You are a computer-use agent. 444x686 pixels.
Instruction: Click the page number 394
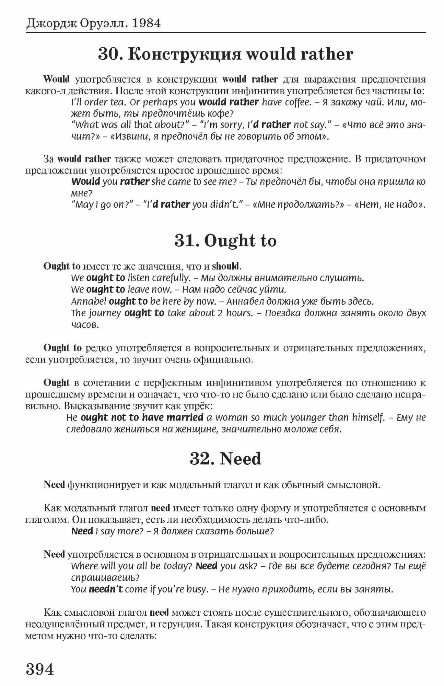pyautogui.click(x=40, y=669)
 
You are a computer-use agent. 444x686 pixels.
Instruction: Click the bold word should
pyautogui.click(x=225, y=266)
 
